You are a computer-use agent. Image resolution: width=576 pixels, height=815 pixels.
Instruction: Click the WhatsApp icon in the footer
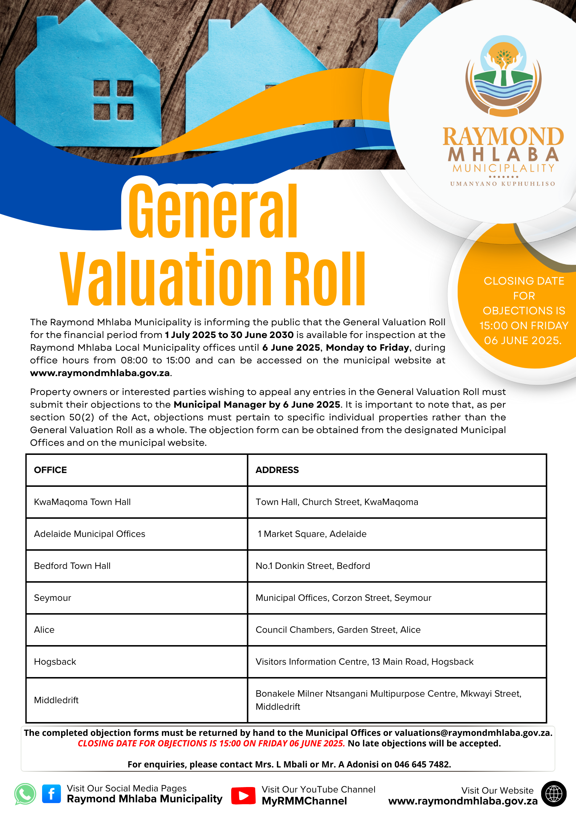coord(25,794)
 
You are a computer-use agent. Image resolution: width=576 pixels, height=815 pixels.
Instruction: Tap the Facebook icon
coord(52,794)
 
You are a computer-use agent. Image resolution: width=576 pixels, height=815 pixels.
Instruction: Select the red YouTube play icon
coord(243,795)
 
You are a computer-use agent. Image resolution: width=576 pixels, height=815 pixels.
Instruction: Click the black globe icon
coord(553,794)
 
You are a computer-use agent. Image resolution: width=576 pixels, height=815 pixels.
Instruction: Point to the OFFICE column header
coord(50,470)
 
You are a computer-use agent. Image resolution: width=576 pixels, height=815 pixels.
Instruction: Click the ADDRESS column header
coord(277,470)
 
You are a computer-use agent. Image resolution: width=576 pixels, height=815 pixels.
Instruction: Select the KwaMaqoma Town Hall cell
coord(82,502)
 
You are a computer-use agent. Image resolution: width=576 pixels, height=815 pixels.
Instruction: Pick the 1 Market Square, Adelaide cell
coord(312,534)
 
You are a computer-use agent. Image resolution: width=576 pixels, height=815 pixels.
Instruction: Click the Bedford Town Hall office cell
coord(72,566)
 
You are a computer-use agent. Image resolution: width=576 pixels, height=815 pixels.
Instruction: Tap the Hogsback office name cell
coord(55,661)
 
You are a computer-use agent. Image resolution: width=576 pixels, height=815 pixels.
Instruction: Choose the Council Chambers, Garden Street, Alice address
coord(338,629)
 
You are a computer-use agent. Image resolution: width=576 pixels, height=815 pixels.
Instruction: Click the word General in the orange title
coord(213,211)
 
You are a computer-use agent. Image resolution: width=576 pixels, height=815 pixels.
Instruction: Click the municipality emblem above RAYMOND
coord(503,76)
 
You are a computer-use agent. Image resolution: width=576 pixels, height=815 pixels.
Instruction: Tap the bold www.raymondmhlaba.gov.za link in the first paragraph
coord(100,373)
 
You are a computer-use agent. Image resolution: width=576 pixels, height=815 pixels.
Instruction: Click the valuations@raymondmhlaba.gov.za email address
coord(473,733)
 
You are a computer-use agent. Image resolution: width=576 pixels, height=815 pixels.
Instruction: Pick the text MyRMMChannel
coord(304,801)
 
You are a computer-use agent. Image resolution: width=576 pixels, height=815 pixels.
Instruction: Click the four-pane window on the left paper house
coord(114,100)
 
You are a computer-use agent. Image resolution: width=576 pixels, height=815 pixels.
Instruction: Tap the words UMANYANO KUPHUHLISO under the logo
coord(503,184)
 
